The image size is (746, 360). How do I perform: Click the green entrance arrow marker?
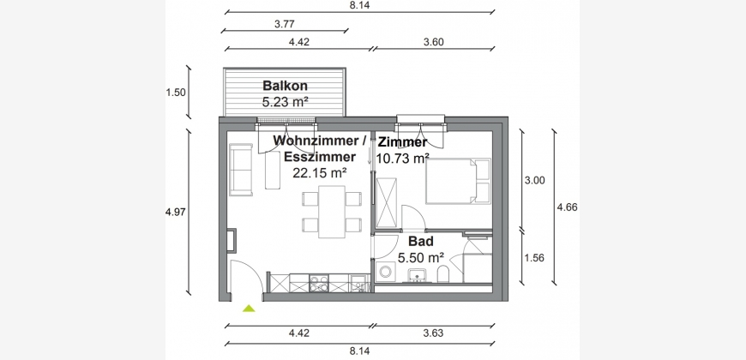point(249,309)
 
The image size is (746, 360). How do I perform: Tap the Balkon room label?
point(285,86)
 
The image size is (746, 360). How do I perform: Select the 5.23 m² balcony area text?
point(285,101)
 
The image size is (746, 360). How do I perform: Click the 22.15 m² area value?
point(319,173)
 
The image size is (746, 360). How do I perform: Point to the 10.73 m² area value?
point(402,158)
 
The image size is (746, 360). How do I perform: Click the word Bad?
point(420,242)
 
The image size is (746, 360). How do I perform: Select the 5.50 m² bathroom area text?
point(420,258)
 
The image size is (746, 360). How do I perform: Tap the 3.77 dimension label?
point(285,24)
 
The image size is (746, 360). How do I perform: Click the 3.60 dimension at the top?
point(433,42)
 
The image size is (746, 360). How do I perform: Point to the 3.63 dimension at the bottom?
point(433,333)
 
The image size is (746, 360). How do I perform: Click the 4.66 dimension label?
point(567,207)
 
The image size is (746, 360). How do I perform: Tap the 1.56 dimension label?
point(534,258)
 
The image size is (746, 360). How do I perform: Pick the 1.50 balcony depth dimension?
point(176,93)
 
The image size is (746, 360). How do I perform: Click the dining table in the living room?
point(332,212)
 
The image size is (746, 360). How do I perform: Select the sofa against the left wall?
point(241,170)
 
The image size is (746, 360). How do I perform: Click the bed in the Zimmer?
point(458,181)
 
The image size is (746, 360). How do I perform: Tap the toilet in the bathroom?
point(443,274)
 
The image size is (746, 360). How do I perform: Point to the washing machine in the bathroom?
point(384,272)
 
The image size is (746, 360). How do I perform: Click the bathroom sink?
point(418,275)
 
